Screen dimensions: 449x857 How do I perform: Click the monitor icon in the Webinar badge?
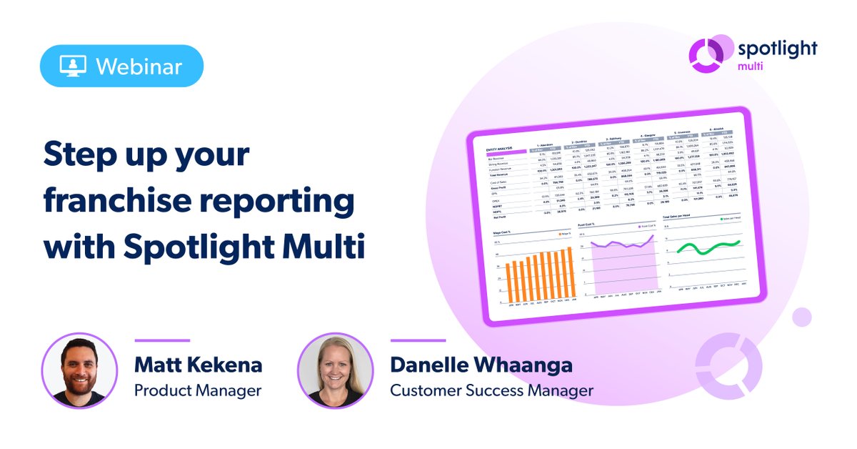tap(71, 66)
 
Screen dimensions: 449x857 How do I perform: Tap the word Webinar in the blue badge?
tap(139, 66)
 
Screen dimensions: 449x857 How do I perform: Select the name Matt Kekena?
tap(198, 365)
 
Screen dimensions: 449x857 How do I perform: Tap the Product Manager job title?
tap(198, 390)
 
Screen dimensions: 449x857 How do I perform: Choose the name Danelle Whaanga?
tap(481, 365)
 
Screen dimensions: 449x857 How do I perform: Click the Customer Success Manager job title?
tap(491, 390)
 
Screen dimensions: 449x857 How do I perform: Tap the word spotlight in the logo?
tap(776, 49)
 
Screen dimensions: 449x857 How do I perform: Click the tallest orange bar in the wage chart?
tap(570, 275)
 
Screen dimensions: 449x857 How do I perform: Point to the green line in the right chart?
tap(708, 247)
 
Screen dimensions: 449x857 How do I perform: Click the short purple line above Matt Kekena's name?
tap(162, 341)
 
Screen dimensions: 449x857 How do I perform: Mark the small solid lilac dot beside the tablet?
tap(802, 317)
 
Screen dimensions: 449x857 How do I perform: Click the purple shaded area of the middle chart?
tap(621, 272)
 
